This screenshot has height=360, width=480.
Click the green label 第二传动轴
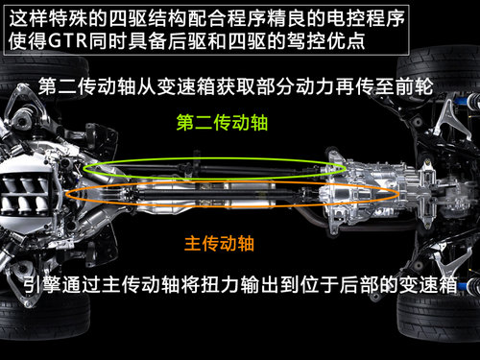pyautogui.click(x=222, y=123)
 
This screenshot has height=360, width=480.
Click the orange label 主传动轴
pyautogui.click(x=219, y=243)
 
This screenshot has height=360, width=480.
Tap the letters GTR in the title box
pyautogui.click(x=68, y=40)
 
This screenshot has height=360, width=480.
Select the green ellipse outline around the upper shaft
pyautogui.click(x=214, y=158)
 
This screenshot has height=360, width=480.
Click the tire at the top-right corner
pyautogui.click(x=439, y=69)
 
